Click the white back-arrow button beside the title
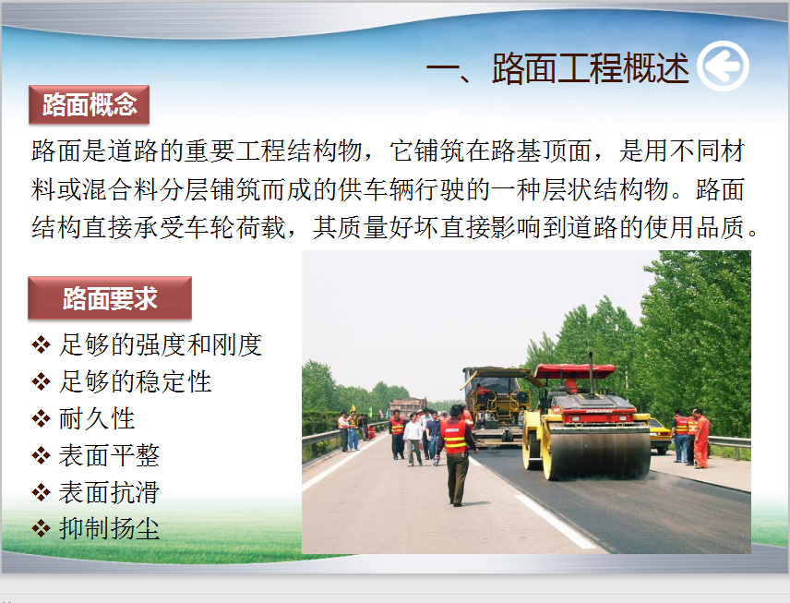tap(723, 66)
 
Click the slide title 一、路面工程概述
tap(557, 67)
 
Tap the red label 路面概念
tap(90, 105)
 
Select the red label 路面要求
tap(110, 298)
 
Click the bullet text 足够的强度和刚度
tap(161, 344)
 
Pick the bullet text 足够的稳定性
tap(135, 381)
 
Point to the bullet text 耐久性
tap(97, 418)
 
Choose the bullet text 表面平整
tap(109, 455)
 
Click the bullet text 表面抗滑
tap(109, 492)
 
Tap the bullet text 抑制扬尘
tap(109, 529)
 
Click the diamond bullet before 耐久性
tap(41, 419)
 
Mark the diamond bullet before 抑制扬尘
tap(41, 529)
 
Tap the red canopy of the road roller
tap(574, 371)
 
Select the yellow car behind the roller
tap(659, 436)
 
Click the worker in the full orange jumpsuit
tap(700, 439)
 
